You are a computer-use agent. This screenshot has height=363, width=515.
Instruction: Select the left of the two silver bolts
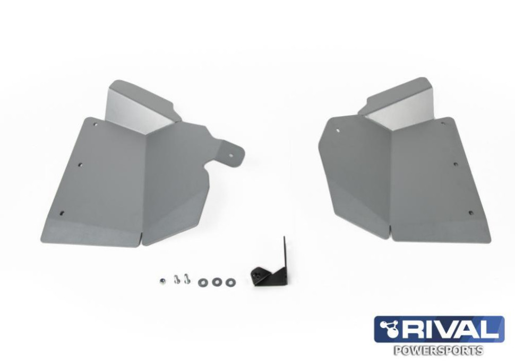point(177,279)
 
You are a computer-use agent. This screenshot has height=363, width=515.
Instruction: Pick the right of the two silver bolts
point(186,279)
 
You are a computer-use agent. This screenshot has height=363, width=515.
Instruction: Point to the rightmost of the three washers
point(230,281)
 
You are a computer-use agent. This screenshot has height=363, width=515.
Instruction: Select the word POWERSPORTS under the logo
point(439,350)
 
